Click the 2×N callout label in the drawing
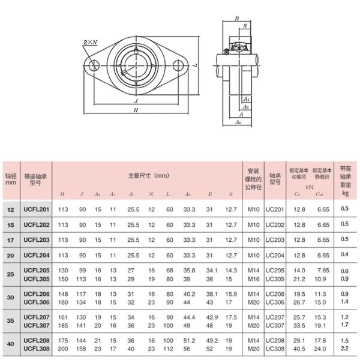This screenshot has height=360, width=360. pos(90,42)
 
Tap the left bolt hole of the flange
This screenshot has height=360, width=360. pos(92,65)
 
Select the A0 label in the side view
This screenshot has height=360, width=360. pos(238,122)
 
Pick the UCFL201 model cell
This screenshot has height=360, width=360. pos(36,208)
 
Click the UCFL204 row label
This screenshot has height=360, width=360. pos(36,254)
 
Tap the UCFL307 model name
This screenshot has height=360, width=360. pos(36,325)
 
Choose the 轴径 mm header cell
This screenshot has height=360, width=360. pos(11,179)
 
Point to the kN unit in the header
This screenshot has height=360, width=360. pos(310,187)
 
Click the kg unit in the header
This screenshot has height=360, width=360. pos(345,193)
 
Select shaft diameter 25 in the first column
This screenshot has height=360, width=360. pos(11,274)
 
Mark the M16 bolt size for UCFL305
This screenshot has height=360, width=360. pos(253,278)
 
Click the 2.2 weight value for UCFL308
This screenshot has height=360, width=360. pos(344,349)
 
